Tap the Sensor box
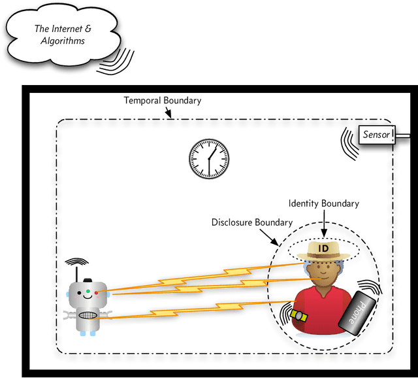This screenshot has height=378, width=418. coord(377,135)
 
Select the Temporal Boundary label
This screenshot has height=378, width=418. coord(163,101)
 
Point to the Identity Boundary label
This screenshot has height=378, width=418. coord(324,203)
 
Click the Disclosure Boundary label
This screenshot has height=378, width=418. coord(251,222)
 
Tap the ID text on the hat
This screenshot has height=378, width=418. coord(323,249)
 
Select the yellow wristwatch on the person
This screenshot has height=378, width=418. coord(300,315)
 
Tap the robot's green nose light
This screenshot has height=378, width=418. coord(87,290)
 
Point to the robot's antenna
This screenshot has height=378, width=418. coord(77,269)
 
